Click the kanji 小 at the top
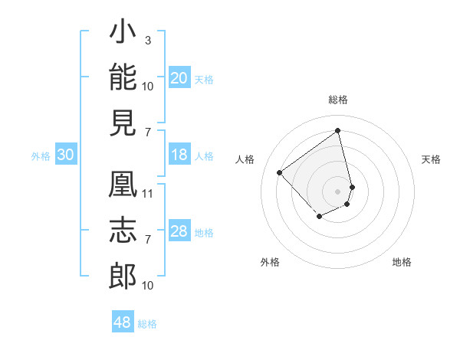123,31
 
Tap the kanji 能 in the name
123,77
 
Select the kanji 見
123,123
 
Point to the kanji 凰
123,184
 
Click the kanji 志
123,230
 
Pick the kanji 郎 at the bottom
123,276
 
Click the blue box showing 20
179,77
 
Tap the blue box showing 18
179,154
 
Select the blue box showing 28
179,230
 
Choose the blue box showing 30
66,154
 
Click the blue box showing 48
123,321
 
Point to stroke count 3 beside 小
148,40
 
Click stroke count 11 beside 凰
147,194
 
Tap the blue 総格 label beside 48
147,324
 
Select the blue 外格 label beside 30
41,156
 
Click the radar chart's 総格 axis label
338,100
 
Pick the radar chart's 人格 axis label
245,159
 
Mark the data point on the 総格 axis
337,130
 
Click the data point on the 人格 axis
280,172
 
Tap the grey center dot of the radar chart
337,191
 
